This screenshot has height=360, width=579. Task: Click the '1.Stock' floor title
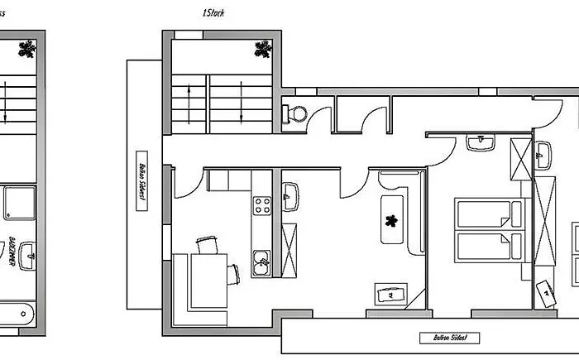click(213, 13)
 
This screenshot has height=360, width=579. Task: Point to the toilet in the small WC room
click(294, 113)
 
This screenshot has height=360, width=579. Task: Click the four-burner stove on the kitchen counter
click(262, 203)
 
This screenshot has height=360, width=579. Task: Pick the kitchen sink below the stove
click(262, 262)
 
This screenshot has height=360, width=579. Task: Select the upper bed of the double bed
click(488, 214)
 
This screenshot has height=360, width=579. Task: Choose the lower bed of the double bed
click(488, 246)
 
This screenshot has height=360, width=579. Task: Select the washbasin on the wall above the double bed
click(480, 142)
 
